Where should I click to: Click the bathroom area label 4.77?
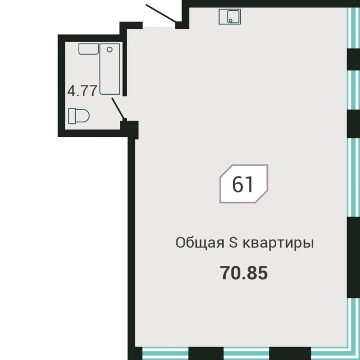(82, 91)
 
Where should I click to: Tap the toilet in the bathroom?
(79, 116)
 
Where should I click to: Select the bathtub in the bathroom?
(110, 69)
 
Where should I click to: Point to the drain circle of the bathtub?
(109, 50)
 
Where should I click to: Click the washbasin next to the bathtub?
(88, 49)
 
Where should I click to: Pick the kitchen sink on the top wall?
(230, 17)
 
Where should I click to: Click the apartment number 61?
(243, 184)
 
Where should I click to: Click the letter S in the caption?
(233, 243)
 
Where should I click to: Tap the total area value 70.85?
(244, 273)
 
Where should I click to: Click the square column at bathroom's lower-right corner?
(130, 128)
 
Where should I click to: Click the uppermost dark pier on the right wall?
(353, 60)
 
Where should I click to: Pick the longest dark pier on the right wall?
(353, 257)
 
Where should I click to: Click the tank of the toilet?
(70, 116)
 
